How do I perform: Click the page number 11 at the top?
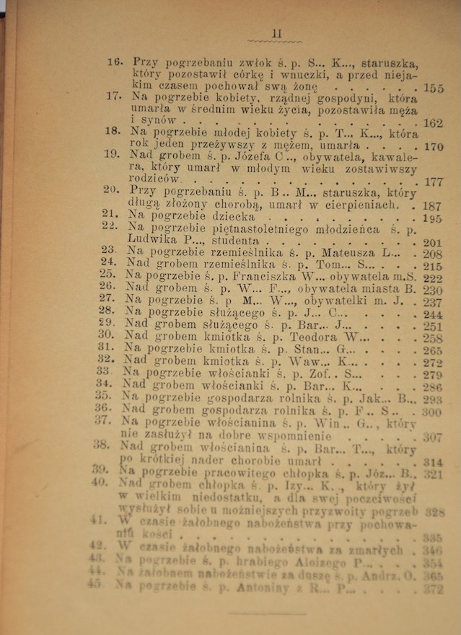(x=276, y=33)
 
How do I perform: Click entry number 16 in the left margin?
(x=115, y=62)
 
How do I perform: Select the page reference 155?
(x=434, y=89)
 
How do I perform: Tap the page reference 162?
(x=434, y=123)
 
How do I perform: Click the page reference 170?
(x=433, y=147)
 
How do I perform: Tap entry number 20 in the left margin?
(x=110, y=190)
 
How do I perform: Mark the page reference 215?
(x=433, y=266)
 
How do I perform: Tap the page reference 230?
(x=433, y=290)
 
